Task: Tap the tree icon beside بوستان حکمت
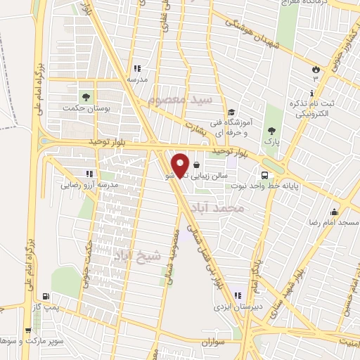(85, 97)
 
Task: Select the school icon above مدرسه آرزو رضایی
(89, 173)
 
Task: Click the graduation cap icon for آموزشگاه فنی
(231, 112)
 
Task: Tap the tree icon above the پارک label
(271, 130)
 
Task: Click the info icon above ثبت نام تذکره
(312, 93)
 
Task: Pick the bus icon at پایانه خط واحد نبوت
(264, 174)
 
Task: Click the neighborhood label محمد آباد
(240, 209)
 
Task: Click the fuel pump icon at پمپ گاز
(46, 297)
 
